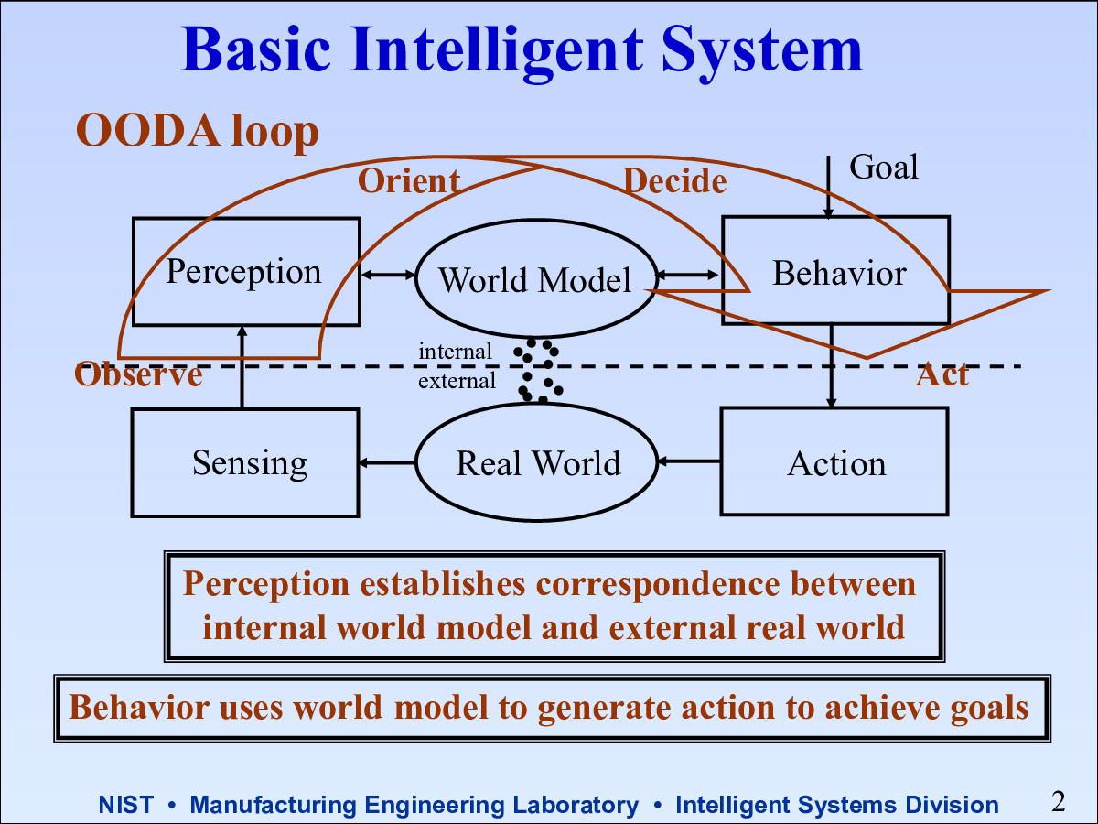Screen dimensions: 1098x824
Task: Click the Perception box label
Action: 243,273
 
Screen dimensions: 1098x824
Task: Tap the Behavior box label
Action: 839,273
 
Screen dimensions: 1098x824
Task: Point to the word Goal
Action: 884,167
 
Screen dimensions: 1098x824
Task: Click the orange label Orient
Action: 409,180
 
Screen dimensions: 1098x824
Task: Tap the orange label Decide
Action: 674,180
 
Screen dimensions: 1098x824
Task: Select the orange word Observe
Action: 138,374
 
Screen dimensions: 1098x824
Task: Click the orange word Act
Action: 942,374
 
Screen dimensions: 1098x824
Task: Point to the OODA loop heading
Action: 197,131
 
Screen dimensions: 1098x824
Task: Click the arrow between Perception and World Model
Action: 388,275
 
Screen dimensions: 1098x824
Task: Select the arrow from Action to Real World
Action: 689,461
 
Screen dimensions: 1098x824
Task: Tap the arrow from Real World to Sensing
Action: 387,462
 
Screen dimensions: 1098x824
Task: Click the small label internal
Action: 455,352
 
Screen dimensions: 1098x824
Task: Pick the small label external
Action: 457,381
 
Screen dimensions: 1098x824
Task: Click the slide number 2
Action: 1058,801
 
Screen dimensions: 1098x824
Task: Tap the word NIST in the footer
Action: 126,805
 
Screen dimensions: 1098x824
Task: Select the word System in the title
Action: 762,50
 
